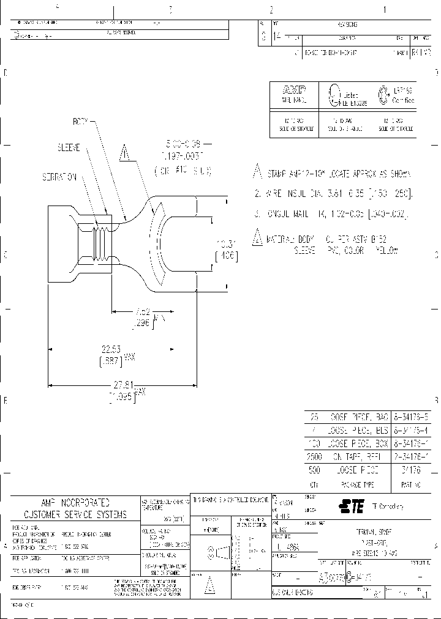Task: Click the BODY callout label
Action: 81,122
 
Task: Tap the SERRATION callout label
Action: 60,176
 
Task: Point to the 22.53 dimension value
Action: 111,350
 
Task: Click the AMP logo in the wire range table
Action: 293,89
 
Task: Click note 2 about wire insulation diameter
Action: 334,194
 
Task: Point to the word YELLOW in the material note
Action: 386,251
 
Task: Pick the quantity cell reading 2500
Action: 314,456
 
